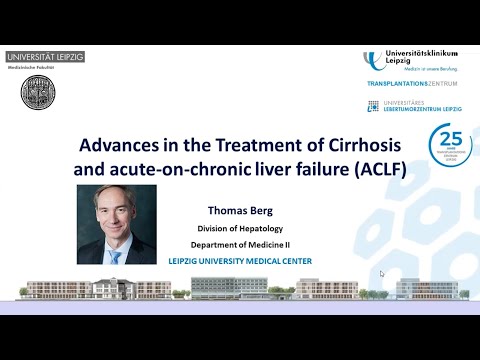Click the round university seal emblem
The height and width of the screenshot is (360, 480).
tap(38, 92)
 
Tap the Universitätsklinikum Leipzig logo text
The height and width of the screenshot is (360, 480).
tap(424, 57)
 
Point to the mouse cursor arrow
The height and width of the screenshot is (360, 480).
tap(382, 272)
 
